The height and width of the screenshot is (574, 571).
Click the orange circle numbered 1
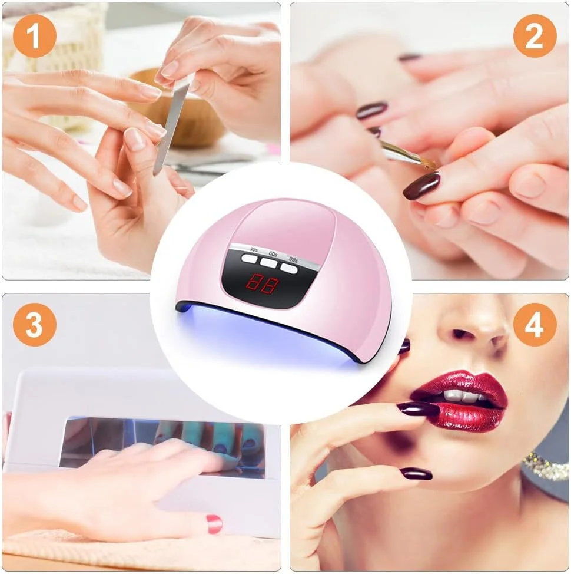click(35, 36)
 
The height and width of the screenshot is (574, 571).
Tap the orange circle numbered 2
click(535, 36)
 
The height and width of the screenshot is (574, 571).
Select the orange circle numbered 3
click(35, 324)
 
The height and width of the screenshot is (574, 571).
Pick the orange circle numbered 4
click(535, 324)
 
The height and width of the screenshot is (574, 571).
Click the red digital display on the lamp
click(262, 284)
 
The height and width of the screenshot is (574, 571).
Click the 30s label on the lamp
click(254, 250)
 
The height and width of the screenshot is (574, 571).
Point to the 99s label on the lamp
click(293, 259)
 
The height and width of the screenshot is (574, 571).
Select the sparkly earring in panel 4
click(546, 465)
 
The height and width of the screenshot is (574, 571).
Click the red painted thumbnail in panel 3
click(214, 524)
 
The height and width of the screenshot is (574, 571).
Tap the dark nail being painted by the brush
click(422, 186)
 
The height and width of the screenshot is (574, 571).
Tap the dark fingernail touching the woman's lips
click(417, 408)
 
